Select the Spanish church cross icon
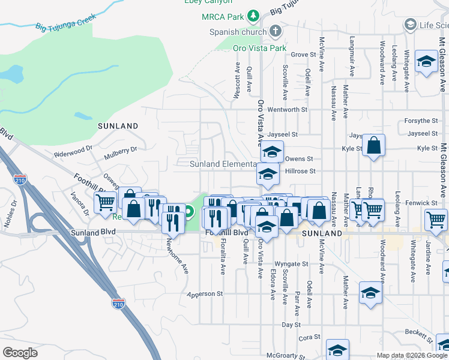click(x=276, y=31)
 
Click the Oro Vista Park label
click(x=260, y=47)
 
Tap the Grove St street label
click(x=303, y=55)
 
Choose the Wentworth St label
click(x=288, y=110)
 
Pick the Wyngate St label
click(x=291, y=263)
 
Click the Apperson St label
click(x=205, y=294)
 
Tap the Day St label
click(x=291, y=324)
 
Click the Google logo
click(x=20, y=353)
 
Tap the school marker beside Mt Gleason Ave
click(x=426, y=62)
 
